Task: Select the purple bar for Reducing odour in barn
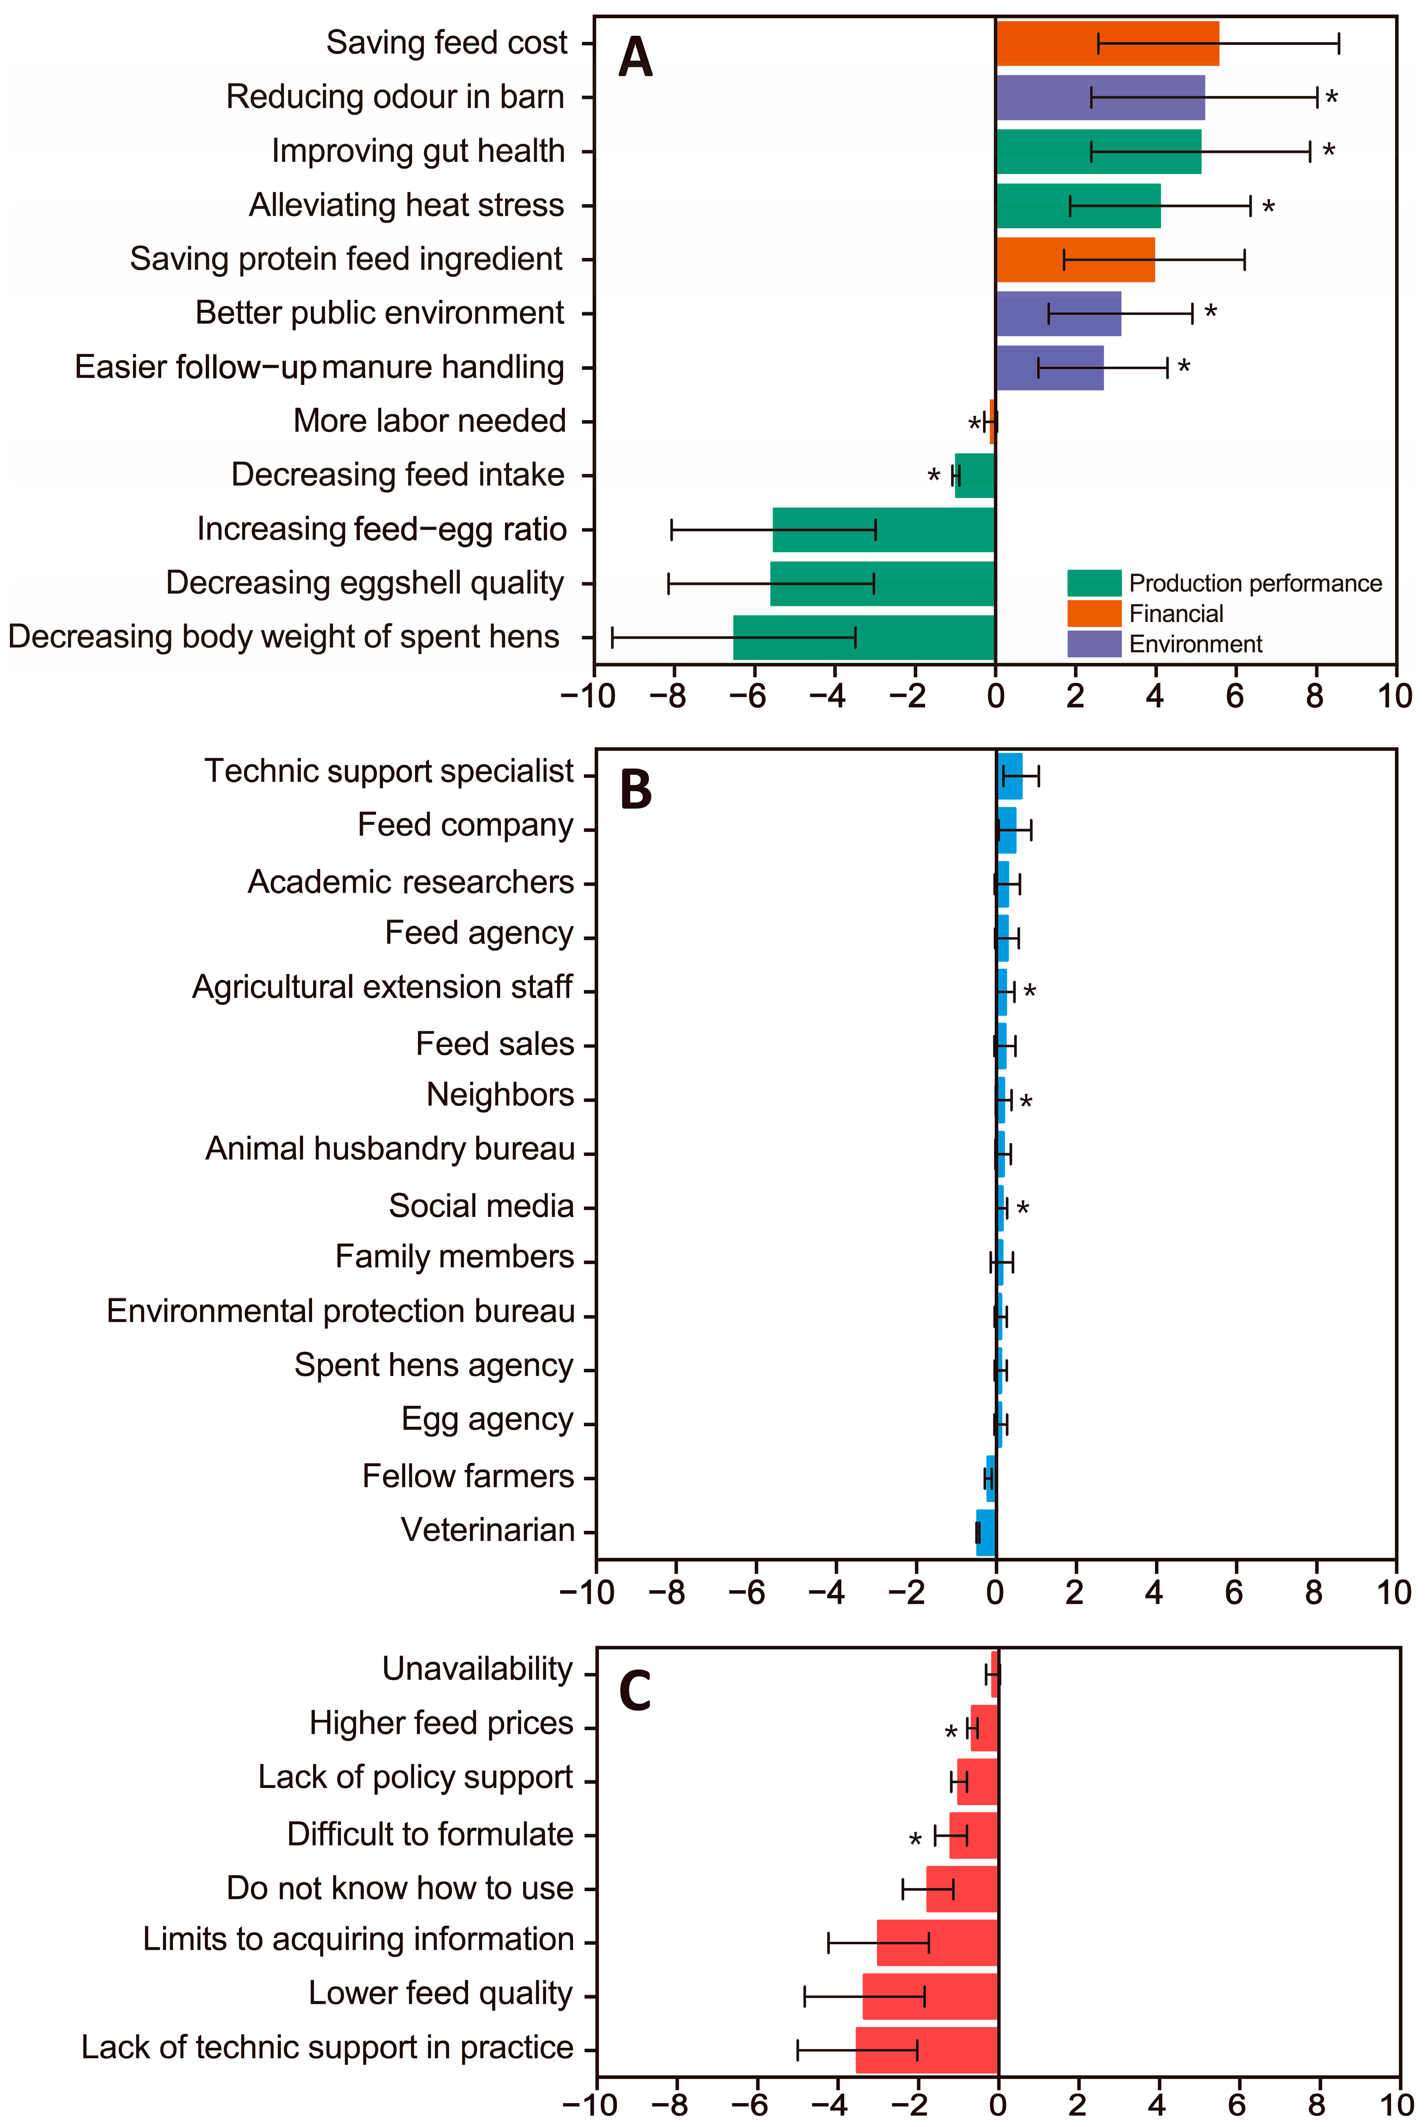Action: (1099, 97)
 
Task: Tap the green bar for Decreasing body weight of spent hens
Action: (863, 637)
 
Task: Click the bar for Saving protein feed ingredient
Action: (1075, 259)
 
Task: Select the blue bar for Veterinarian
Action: (985, 1532)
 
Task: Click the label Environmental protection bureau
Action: (341, 1311)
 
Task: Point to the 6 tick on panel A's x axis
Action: (1235, 697)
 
